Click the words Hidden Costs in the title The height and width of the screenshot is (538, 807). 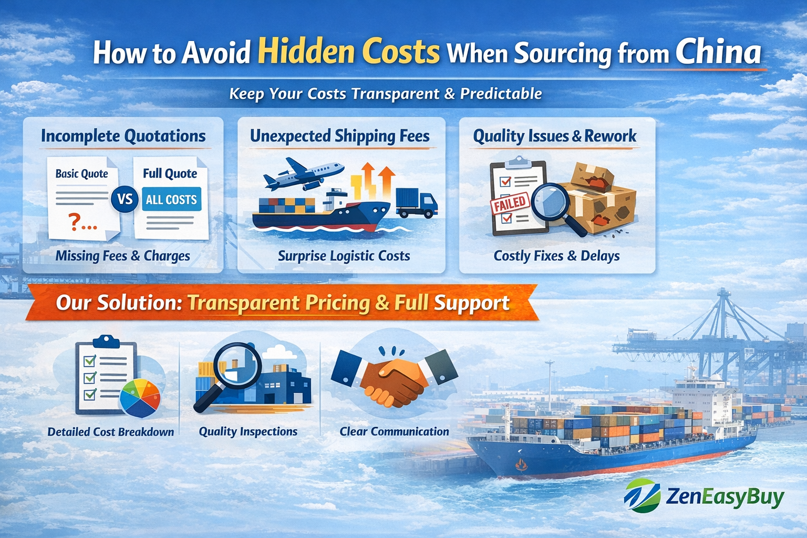click(x=348, y=53)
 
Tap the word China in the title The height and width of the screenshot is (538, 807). click(x=718, y=52)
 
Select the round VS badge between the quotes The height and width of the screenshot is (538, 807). click(x=125, y=200)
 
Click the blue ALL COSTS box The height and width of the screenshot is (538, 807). click(x=171, y=200)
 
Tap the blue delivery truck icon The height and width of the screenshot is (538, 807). click(x=416, y=203)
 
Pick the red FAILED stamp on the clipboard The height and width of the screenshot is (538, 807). click(x=509, y=203)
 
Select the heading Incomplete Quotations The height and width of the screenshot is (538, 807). click(x=123, y=136)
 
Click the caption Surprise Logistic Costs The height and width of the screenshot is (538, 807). click(x=344, y=256)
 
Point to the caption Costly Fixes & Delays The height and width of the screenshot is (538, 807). click(x=556, y=256)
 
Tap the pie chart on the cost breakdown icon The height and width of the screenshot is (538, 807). click(x=140, y=398)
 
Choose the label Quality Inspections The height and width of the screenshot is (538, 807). click(x=248, y=431)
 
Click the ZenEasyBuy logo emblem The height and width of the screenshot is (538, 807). click(x=642, y=495)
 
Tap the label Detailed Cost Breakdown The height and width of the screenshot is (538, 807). click(x=111, y=432)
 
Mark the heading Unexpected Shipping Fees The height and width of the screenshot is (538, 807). click(x=340, y=136)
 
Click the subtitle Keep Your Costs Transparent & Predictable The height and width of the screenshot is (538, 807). click(x=386, y=94)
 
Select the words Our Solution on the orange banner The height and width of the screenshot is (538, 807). click(x=119, y=303)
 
